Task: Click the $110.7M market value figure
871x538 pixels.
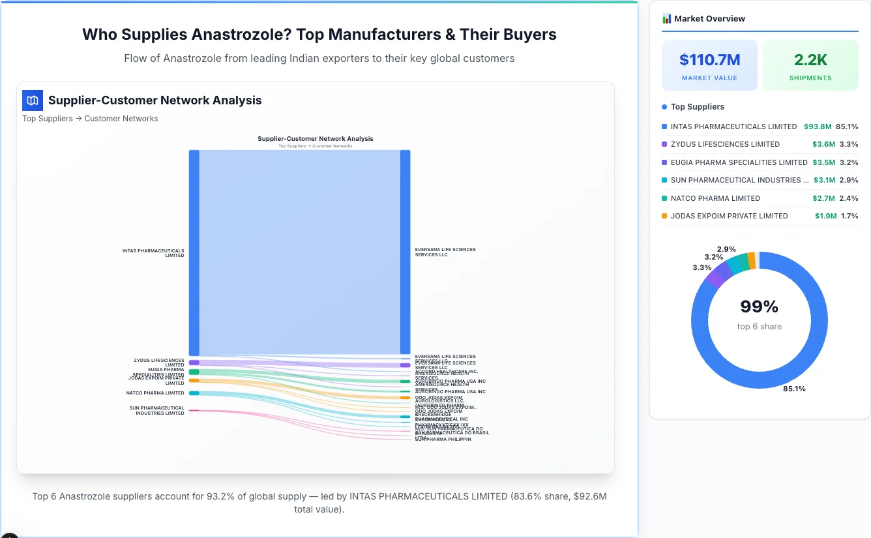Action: point(709,60)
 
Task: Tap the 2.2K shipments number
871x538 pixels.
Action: point(810,60)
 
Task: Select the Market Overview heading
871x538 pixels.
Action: point(709,19)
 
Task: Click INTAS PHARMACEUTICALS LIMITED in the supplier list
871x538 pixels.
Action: point(733,127)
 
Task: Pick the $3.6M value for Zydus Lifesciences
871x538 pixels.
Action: point(823,144)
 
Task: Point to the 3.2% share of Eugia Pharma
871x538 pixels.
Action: point(849,162)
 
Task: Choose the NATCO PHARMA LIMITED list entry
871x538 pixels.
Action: point(715,198)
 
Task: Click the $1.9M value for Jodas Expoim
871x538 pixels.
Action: point(825,216)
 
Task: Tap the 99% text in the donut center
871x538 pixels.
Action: point(759,306)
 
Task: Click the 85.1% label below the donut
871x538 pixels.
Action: point(794,389)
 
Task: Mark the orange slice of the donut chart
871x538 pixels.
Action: point(751,261)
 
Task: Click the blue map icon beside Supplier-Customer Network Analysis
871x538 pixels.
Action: point(32,100)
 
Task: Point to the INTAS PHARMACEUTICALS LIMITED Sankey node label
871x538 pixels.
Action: point(153,253)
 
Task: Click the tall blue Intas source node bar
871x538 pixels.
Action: point(194,252)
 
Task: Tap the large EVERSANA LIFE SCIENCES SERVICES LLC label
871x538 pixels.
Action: point(445,252)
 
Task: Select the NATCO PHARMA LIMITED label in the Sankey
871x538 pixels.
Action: point(155,393)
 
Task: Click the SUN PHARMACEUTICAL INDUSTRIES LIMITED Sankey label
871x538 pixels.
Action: point(156,411)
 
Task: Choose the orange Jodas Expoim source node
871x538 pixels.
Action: point(194,380)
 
